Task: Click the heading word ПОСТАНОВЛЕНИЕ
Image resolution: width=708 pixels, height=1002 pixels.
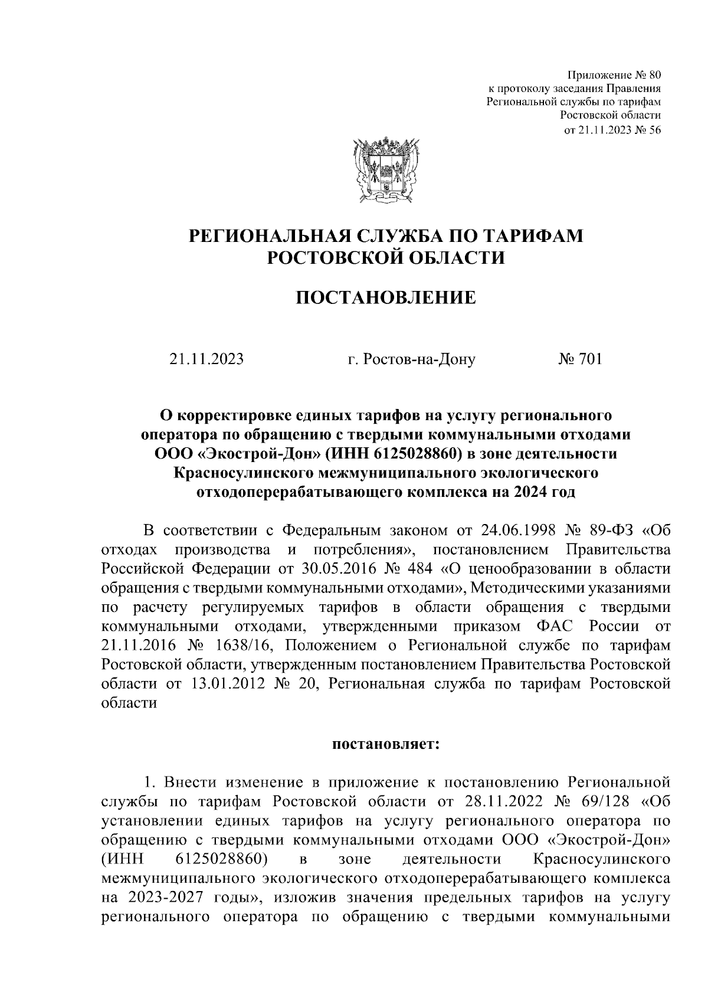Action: coord(385,297)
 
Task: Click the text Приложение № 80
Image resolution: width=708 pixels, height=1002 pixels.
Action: coord(614,76)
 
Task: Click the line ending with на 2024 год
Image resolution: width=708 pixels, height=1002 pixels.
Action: coord(385,492)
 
